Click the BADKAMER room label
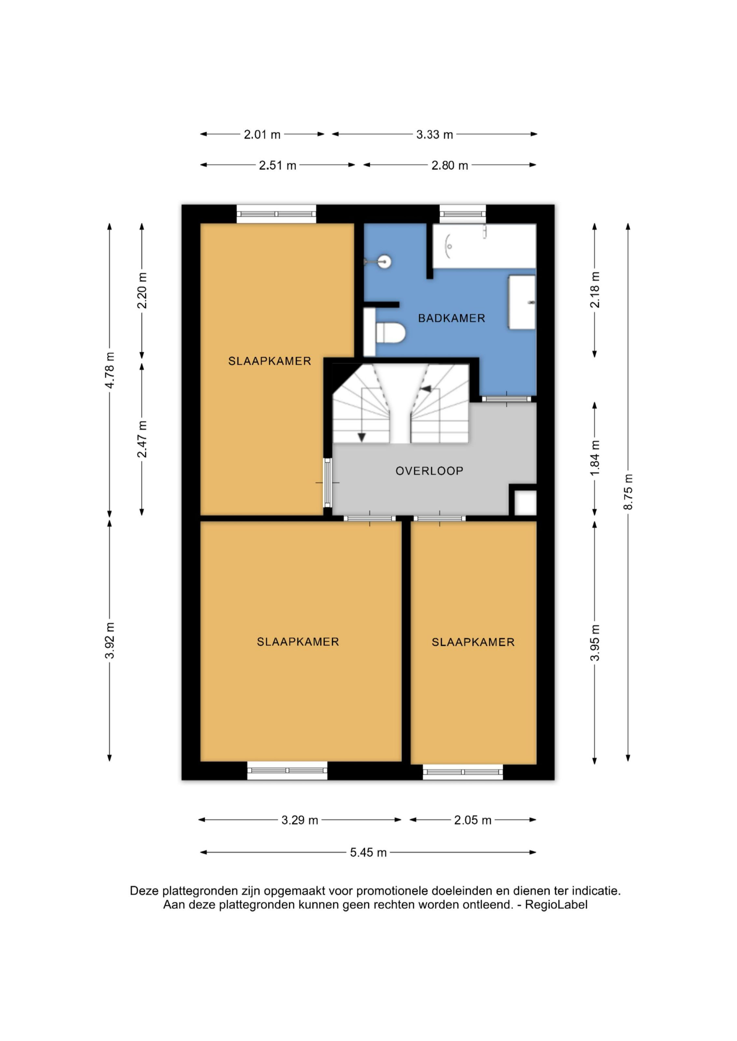(x=452, y=318)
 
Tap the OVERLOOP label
(x=429, y=471)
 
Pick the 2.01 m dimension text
(x=262, y=135)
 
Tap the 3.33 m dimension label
(x=435, y=135)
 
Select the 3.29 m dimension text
(x=300, y=820)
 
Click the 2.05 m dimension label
(x=473, y=820)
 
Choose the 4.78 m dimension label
(x=109, y=370)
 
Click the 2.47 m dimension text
(x=142, y=439)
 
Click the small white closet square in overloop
(x=525, y=503)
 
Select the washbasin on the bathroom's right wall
(x=522, y=302)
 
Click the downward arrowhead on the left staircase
(x=362, y=437)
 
